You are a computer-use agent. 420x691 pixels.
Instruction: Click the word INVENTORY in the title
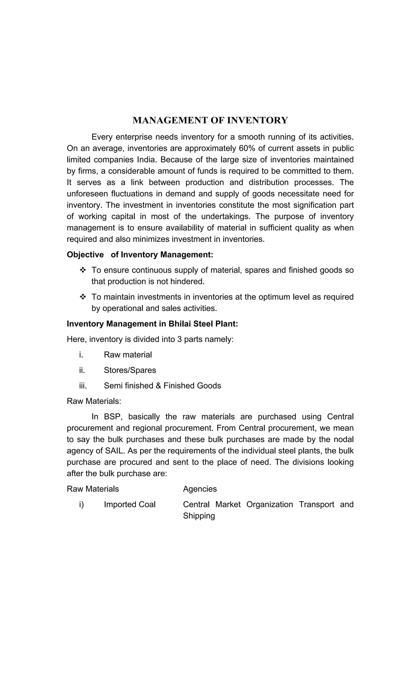coord(257,120)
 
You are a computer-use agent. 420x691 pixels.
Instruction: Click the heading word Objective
coord(85,255)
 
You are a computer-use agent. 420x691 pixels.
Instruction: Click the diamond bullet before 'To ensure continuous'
coord(83,270)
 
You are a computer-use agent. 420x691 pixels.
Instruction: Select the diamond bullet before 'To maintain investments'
coord(83,297)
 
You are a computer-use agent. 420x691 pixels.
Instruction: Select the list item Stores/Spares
coord(130,370)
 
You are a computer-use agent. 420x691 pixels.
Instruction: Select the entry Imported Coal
coord(130,504)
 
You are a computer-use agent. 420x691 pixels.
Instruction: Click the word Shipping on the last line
coord(199,516)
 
